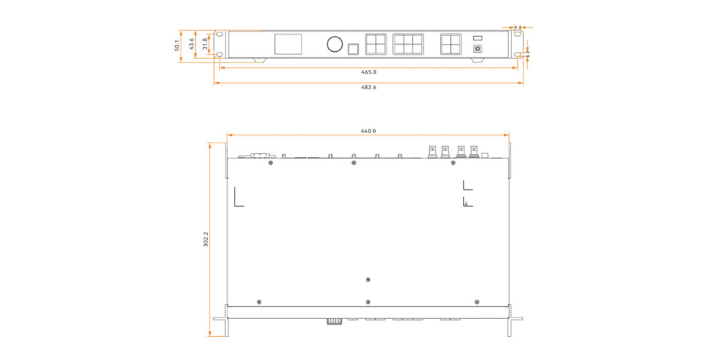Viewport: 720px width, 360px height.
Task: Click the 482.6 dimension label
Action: (369, 87)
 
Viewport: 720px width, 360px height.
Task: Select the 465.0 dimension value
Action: (369, 72)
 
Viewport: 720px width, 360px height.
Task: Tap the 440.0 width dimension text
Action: (369, 131)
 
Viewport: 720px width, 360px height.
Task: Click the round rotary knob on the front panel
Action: (334, 45)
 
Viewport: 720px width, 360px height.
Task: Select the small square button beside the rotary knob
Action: (353, 49)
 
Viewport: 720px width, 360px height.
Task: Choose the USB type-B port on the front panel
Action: (478, 49)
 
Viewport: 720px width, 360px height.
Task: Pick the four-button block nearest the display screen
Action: (377, 44)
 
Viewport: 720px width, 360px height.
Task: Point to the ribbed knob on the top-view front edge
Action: (333, 322)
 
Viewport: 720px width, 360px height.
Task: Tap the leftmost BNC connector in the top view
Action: (432, 151)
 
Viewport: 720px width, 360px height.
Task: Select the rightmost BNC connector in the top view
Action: (474, 151)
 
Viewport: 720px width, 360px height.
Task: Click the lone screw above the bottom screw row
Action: (368, 279)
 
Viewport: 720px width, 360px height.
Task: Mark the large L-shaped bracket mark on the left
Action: (238, 197)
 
